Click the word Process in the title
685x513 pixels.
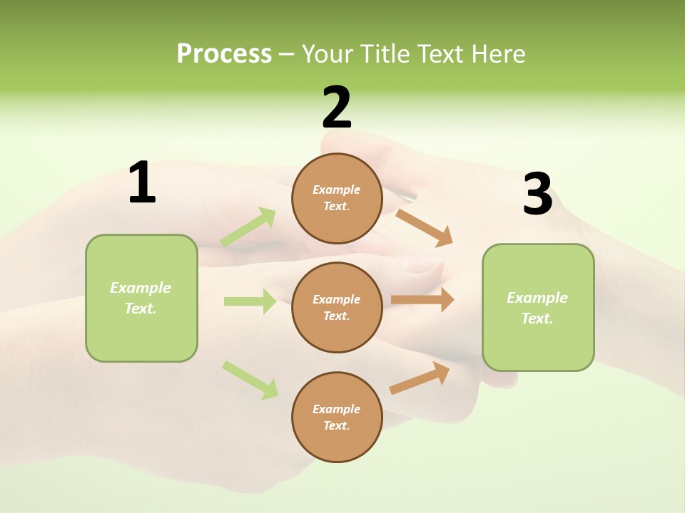tap(224, 54)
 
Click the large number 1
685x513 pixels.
tap(142, 183)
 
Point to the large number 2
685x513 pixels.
tap(337, 108)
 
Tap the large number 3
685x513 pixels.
tap(537, 195)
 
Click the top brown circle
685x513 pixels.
tap(337, 198)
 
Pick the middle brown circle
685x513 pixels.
tap(337, 307)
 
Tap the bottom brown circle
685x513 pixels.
tap(337, 417)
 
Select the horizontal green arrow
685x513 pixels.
tap(250, 301)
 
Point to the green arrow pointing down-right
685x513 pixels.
tap(250, 380)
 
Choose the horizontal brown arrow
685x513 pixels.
tap(422, 300)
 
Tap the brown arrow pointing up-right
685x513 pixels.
tap(420, 378)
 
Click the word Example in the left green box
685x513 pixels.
tap(141, 288)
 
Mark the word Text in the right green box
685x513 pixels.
tap(537, 318)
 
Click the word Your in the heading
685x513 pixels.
tap(326, 54)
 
